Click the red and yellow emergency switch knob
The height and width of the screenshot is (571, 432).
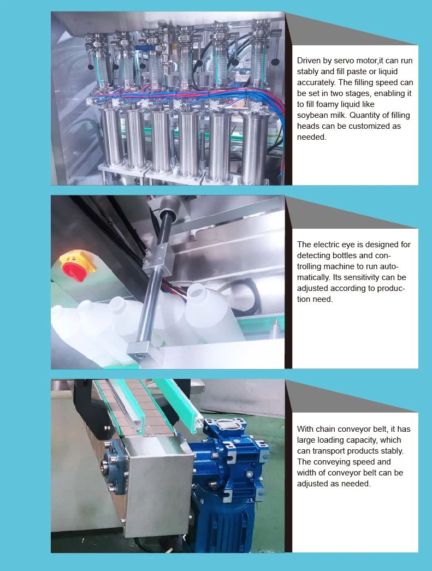[76, 266]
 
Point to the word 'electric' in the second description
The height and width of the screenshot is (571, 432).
[331, 245]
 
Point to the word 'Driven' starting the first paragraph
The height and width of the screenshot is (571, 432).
[309, 61]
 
